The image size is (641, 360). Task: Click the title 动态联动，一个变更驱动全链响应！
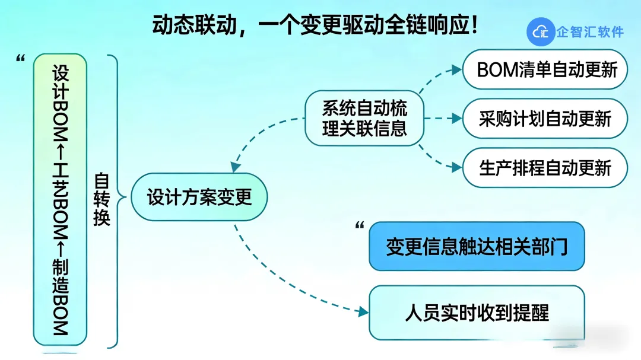[x=315, y=25]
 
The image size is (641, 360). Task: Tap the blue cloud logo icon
[x=540, y=31]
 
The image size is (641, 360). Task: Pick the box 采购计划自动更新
[x=545, y=119]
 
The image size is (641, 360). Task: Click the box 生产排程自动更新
[x=545, y=168]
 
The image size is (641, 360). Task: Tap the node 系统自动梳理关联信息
[x=364, y=119]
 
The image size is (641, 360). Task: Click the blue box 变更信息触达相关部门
[x=477, y=246]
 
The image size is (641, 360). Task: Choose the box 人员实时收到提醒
[x=477, y=312]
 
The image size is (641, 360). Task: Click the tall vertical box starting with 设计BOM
[x=61, y=199]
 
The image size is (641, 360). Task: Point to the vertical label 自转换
[x=102, y=199]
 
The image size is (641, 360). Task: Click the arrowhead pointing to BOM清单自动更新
[x=456, y=69]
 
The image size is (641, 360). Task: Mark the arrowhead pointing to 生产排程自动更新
[x=456, y=168]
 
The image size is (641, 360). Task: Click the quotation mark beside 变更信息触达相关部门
[x=359, y=225]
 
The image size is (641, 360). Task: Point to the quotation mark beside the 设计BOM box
[x=21, y=58]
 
